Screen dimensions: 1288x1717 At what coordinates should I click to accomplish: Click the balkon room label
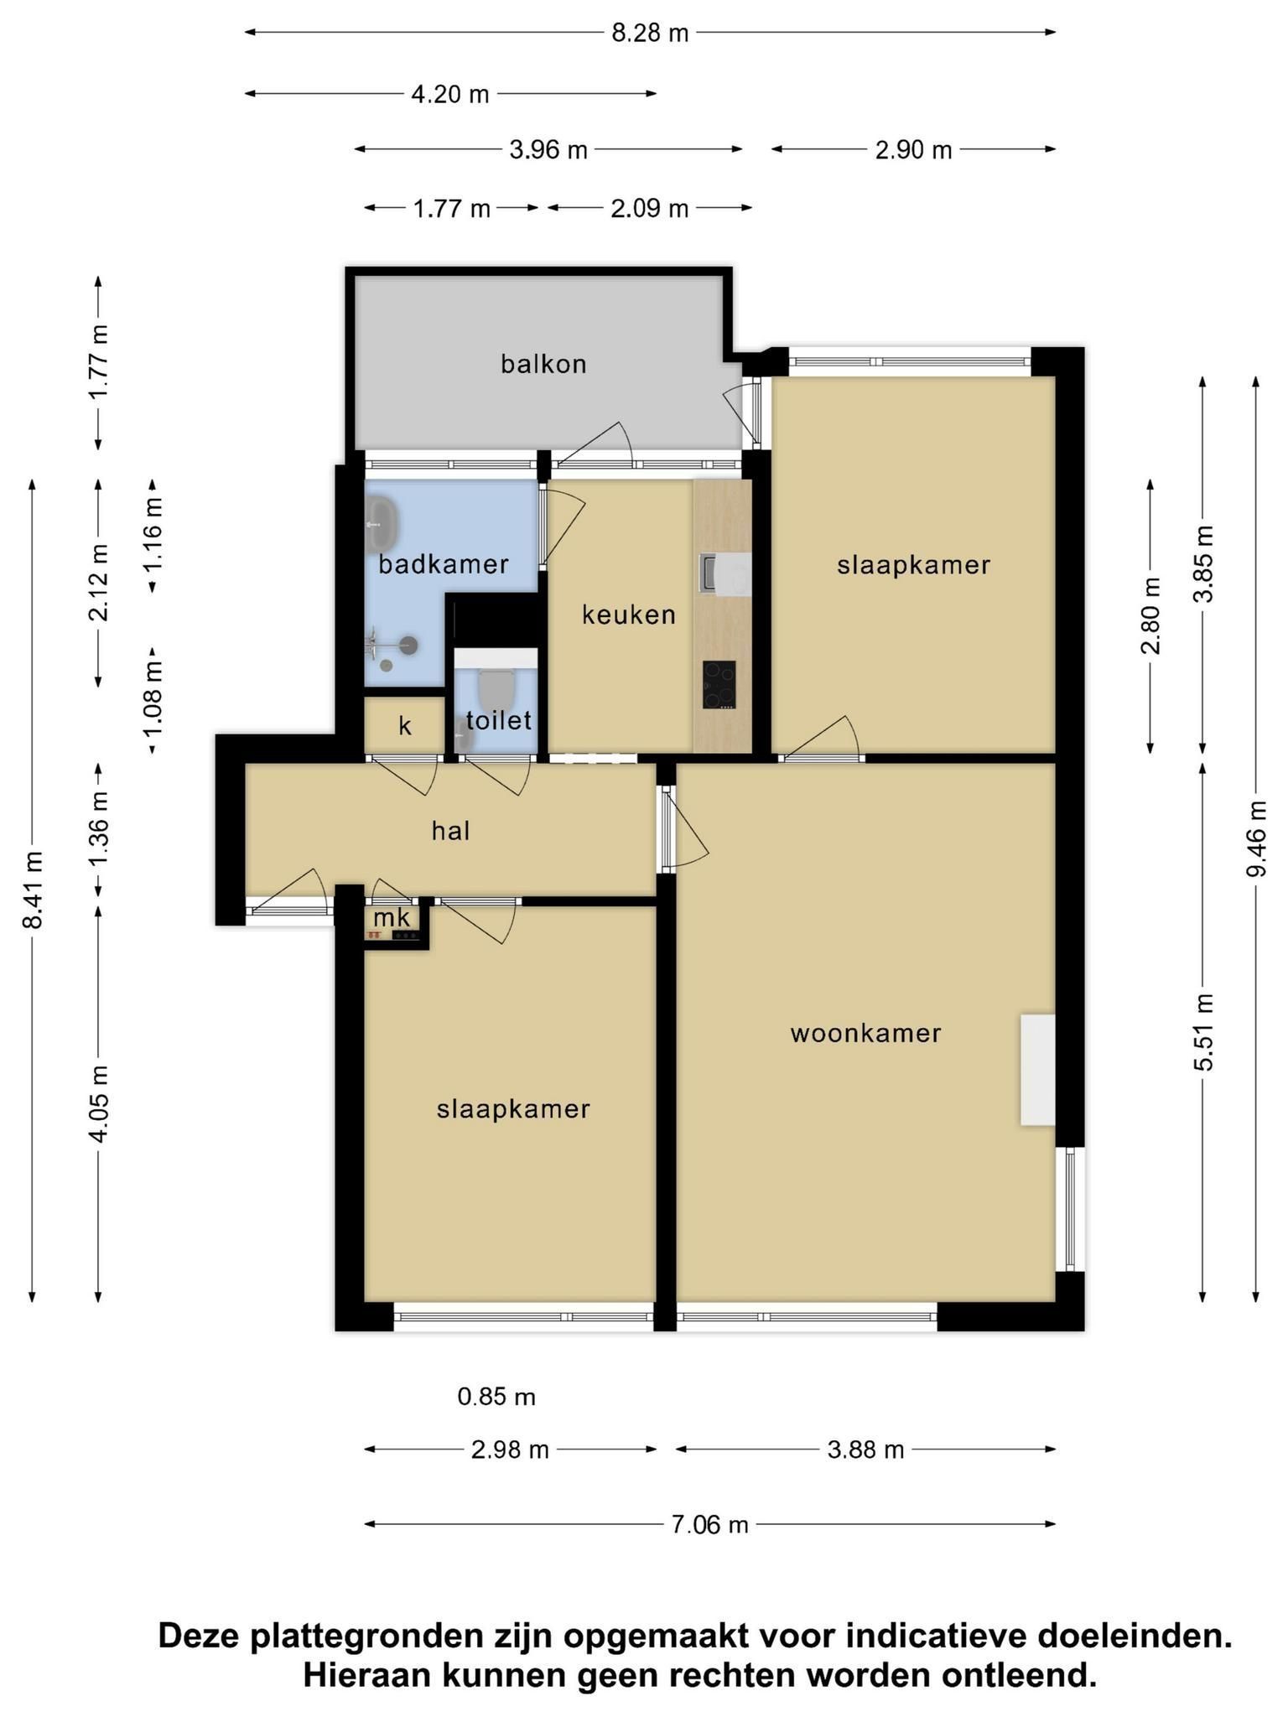[x=543, y=364]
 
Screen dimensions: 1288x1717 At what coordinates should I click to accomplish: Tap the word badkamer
[x=444, y=564]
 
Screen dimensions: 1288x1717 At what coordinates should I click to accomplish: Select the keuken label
[x=629, y=615]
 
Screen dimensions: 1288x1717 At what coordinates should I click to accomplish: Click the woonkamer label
[x=866, y=1033]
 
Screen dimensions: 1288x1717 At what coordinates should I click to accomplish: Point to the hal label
[x=451, y=831]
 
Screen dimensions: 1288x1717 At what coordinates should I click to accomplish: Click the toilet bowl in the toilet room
[x=496, y=687]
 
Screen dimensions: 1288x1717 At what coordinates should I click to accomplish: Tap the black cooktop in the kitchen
[x=719, y=685]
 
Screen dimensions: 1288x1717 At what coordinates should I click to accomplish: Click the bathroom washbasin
[x=382, y=523]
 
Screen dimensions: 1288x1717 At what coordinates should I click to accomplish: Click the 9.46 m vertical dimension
[x=1255, y=838]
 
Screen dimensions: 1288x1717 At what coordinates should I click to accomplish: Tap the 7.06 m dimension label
[x=709, y=1523]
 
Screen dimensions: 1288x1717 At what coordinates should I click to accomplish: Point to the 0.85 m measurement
[x=496, y=1397]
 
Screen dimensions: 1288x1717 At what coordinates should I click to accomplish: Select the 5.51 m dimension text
[x=1203, y=1032]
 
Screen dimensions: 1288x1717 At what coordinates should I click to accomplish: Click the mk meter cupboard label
[x=392, y=917]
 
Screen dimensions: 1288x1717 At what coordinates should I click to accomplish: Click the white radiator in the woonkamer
[x=1037, y=1070]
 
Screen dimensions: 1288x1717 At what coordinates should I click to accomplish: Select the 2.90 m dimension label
[x=914, y=149]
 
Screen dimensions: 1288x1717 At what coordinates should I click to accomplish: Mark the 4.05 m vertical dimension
[x=98, y=1103]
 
